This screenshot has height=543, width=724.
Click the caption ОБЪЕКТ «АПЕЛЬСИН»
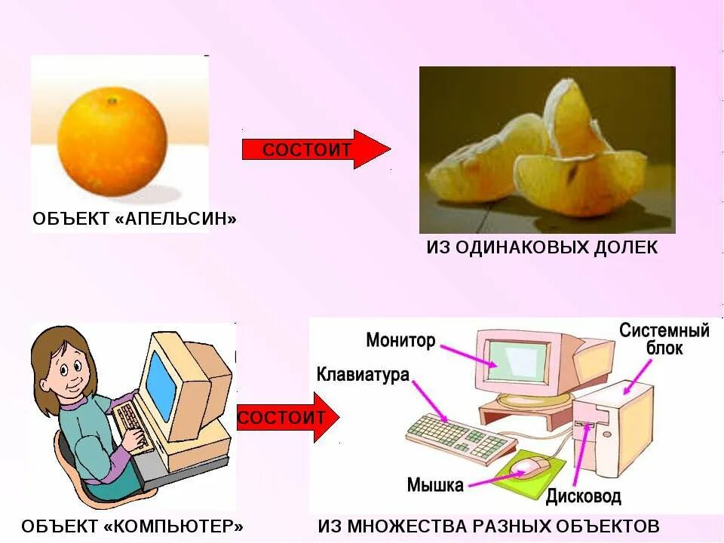coord(134,219)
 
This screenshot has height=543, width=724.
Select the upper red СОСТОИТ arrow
coord(315,149)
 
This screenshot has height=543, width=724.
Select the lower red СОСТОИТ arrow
coord(287,417)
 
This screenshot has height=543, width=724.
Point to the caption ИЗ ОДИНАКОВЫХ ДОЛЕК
coord(541,247)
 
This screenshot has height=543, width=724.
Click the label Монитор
coord(400,340)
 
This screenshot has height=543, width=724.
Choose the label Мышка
coord(435,485)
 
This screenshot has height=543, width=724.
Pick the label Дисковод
coord(583,495)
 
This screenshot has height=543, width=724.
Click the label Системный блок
coord(664,339)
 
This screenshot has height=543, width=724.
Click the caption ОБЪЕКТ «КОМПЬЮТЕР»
coord(132,526)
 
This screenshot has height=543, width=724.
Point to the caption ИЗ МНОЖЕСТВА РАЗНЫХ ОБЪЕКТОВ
coord(489,526)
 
